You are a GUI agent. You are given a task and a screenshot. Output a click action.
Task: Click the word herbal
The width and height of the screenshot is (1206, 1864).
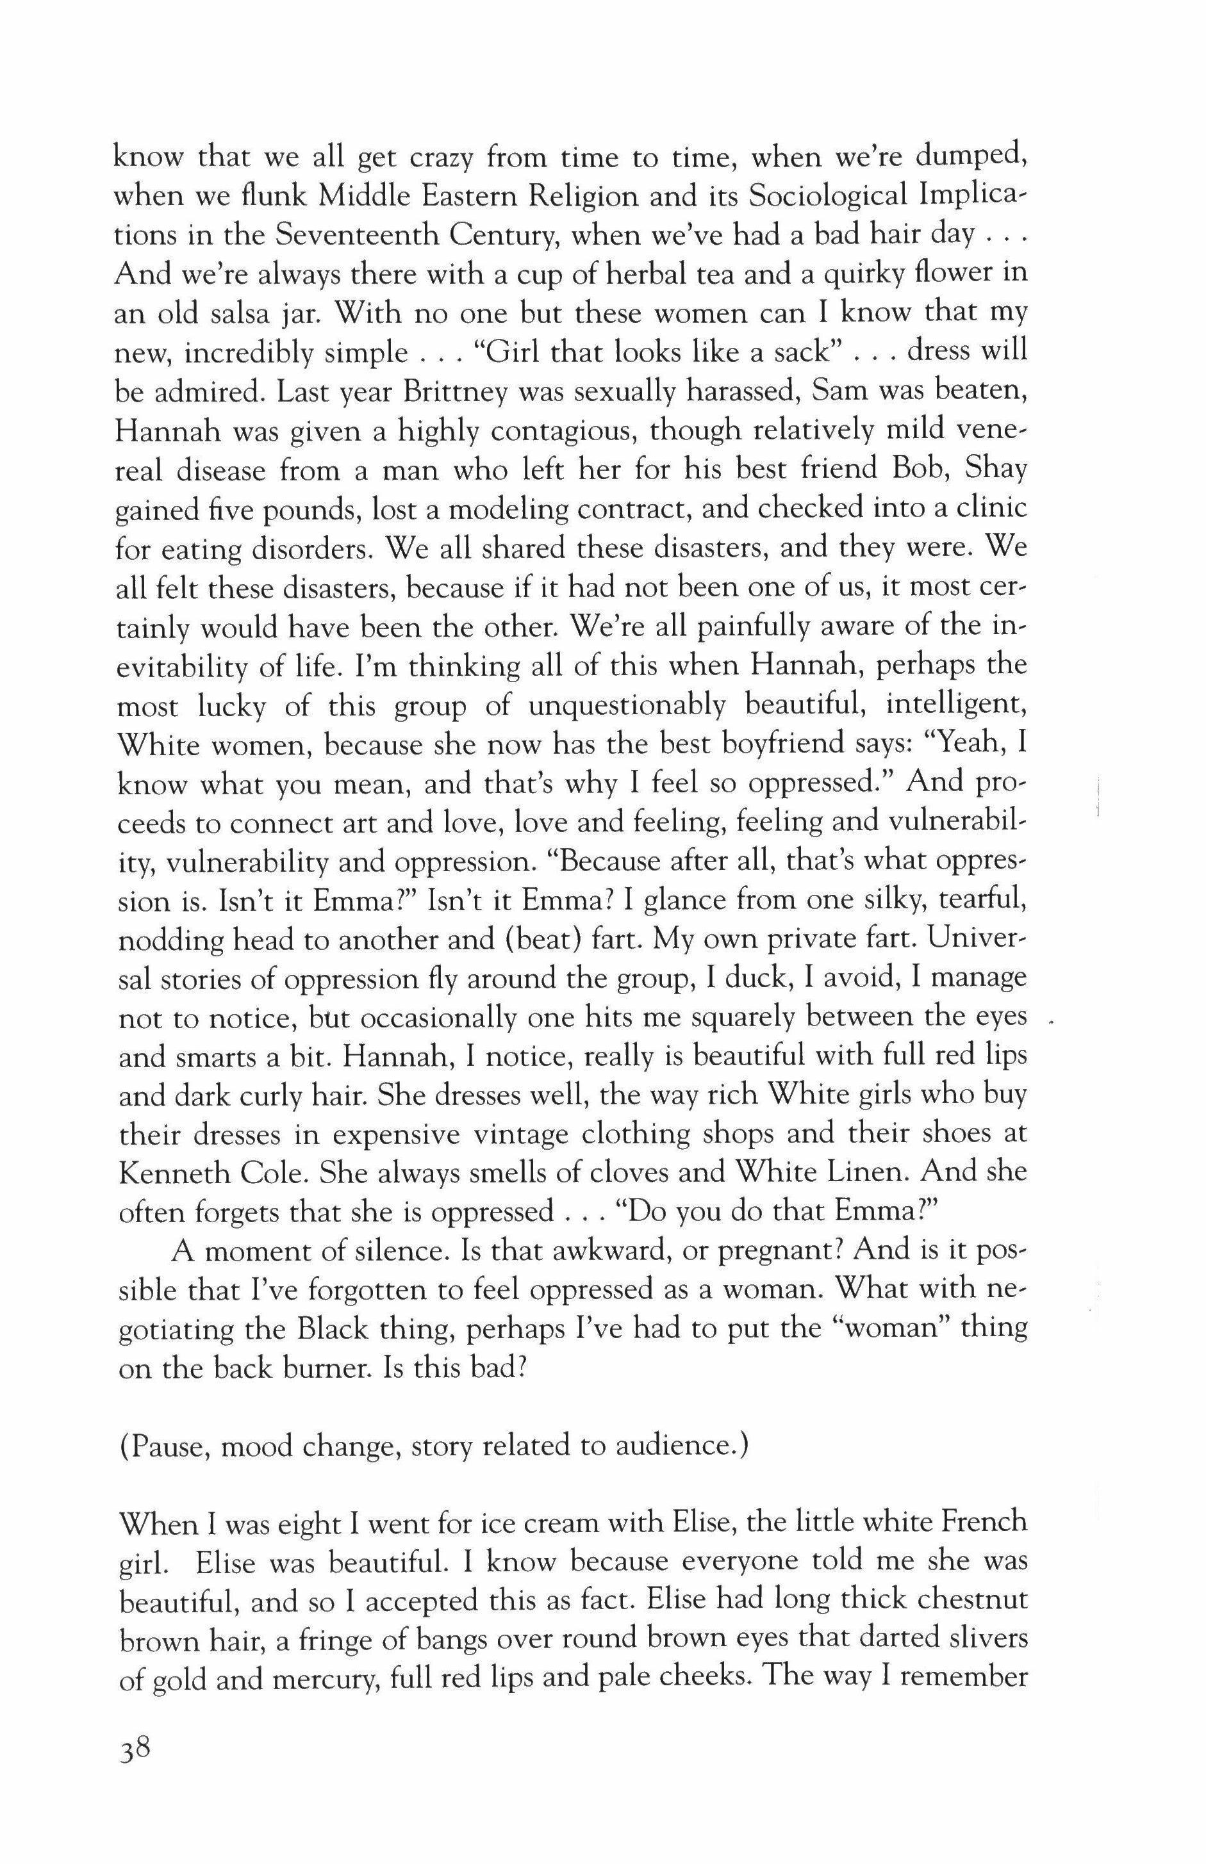[x=679, y=274]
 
